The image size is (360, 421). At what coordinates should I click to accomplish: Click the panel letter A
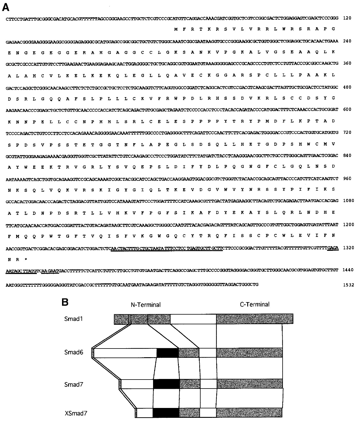coord(6,7)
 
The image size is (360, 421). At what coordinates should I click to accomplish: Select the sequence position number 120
coord(347,18)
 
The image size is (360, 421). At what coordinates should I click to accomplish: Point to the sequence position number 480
coord(347,86)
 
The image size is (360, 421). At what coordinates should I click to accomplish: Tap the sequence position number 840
coord(347,155)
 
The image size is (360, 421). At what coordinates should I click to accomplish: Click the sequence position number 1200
coord(348,224)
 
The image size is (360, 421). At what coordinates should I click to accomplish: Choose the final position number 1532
coord(348,285)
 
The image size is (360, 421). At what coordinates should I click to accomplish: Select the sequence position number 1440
coord(348,270)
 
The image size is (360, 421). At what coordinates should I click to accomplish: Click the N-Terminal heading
coord(145,304)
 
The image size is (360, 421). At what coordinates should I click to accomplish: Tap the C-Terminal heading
coord(254,304)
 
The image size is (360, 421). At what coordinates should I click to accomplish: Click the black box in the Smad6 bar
coord(168,353)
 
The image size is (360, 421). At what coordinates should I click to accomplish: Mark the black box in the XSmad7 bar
coord(166,412)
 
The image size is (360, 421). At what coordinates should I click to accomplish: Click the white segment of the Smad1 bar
coord(193,319)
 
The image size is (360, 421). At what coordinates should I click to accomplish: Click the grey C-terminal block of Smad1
coord(254,319)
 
